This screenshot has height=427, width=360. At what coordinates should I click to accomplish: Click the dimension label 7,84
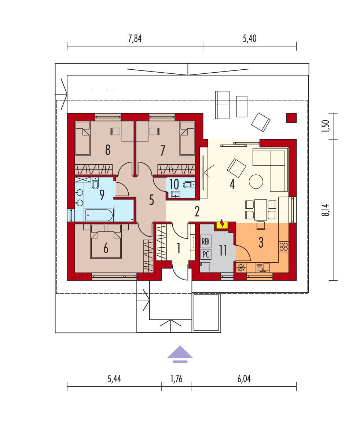click(x=135, y=39)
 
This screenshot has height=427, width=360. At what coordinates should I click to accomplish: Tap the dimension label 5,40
click(x=250, y=39)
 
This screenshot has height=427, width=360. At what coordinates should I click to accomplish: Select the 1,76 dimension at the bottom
click(x=176, y=379)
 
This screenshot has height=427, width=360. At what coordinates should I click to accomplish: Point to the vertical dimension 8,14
click(x=326, y=210)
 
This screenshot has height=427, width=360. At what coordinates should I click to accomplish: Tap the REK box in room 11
click(x=206, y=241)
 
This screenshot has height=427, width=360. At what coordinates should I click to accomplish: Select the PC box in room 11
click(x=206, y=254)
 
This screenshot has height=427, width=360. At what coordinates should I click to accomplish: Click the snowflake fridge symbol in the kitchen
click(x=241, y=268)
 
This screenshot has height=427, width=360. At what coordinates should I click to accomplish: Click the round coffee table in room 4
click(x=256, y=181)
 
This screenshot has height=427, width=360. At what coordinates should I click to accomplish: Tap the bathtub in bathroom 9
click(x=99, y=215)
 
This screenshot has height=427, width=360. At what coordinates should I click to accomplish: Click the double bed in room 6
click(x=106, y=241)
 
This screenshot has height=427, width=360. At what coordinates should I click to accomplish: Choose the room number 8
click(x=108, y=150)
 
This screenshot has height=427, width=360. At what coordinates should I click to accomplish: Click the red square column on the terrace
click(x=291, y=118)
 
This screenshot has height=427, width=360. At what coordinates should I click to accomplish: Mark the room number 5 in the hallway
click(x=151, y=200)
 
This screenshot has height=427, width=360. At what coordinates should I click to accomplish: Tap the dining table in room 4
click(x=261, y=210)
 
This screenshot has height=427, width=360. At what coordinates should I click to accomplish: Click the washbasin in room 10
click(x=176, y=194)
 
